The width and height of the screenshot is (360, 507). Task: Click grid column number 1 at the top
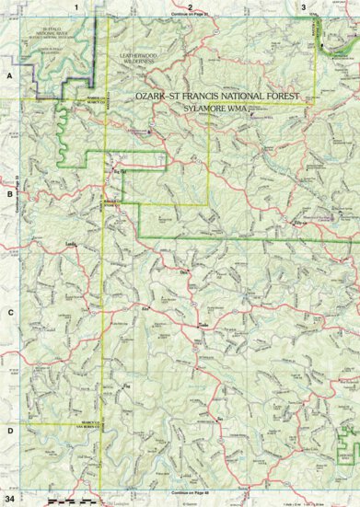point(90,6)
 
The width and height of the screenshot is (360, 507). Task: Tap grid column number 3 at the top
point(303,6)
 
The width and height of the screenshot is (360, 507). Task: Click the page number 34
point(10,498)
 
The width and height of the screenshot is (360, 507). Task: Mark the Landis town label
point(71,244)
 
